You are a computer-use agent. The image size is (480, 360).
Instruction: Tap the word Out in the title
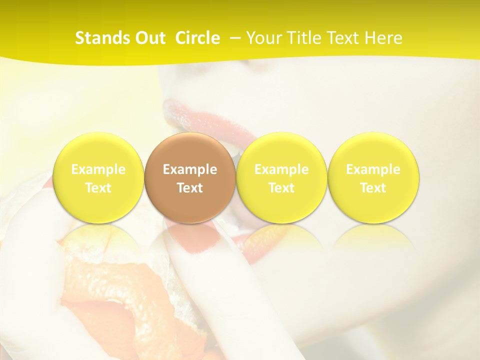pyautogui.click(x=148, y=38)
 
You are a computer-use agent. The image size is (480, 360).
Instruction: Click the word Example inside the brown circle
pyautogui.click(x=190, y=169)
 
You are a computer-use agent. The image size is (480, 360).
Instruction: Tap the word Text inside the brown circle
pyautogui.click(x=190, y=188)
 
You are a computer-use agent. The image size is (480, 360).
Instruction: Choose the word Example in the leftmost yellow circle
pyautogui.click(x=98, y=169)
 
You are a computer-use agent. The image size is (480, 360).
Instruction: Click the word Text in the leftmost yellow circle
pyautogui.click(x=98, y=188)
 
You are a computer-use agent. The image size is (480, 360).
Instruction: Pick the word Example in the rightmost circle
pyautogui.click(x=373, y=169)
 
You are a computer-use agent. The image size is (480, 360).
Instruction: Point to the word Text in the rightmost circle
pyautogui.click(x=373, y=188)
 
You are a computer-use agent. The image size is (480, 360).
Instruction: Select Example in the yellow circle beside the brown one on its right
pyautogui.click(x=281, y=169)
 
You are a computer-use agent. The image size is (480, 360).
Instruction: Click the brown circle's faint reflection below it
pyautogui.click(x=190, y=240)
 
